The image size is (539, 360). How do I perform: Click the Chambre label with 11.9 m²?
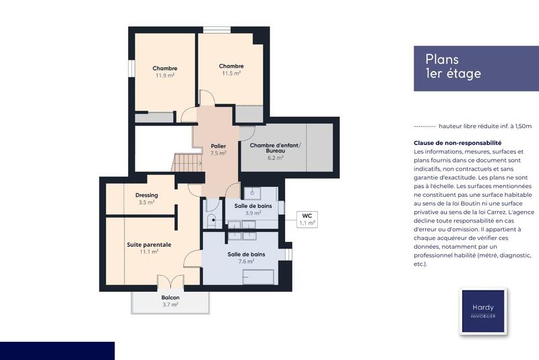click(164, 71)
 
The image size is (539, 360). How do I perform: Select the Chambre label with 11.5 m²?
click(231, 69)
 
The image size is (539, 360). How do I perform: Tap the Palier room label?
click(218, 149)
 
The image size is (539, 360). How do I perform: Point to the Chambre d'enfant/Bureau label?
click(274, 150)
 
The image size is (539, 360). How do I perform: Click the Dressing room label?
click(146, 198)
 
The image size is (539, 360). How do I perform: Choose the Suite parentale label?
click(149, 248)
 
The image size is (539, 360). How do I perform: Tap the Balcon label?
click(170, 301)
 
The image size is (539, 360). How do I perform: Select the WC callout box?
click(307, 219)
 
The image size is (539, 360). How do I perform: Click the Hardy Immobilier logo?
click(482, 311)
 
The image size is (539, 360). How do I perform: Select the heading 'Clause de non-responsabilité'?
click(457, 143)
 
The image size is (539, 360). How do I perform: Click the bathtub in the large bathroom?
click(257, 276)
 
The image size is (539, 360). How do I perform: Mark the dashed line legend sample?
click(424, 126)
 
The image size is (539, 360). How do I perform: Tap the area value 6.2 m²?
click(274, 158)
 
